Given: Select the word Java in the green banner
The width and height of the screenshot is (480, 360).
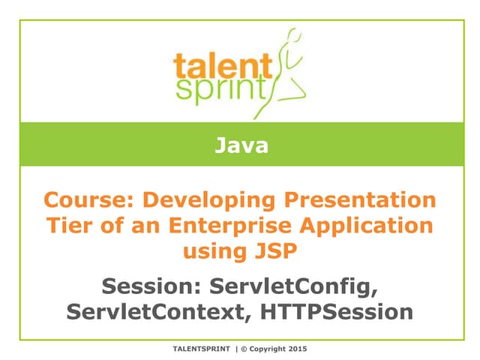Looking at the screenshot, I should [241, 145].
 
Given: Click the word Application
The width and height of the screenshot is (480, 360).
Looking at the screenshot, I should [371, 226].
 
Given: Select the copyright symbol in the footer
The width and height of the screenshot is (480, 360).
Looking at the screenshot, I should [244, 349].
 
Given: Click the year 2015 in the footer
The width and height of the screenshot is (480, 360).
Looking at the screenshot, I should [297, 349].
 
